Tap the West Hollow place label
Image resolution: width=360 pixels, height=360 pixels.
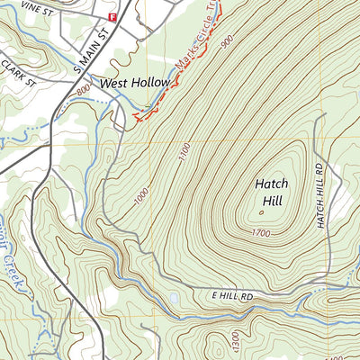(135, 83)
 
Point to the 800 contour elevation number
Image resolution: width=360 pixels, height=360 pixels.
(84, 90)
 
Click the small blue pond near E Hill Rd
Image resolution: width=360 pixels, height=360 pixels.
(172, 296)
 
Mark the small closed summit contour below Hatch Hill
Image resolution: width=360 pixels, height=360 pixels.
(262, 213)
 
